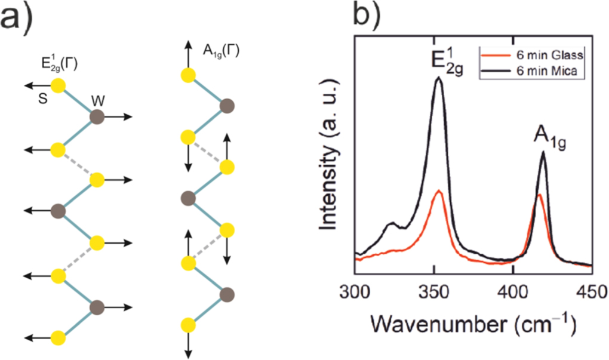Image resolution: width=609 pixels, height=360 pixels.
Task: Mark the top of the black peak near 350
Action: tap(439, 78)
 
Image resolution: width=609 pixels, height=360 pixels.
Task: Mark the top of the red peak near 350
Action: tap(439, 190)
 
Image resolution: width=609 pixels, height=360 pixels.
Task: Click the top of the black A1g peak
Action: tap(543, 152)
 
